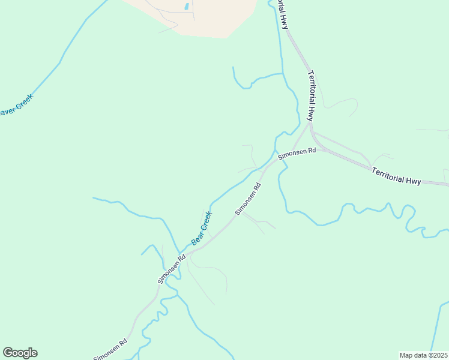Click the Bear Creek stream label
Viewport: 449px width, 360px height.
coord(202,228)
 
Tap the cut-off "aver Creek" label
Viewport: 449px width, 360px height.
coord(16,106)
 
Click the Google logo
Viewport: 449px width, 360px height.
coord(20,353)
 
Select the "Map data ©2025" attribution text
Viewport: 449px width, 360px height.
coord(423,355)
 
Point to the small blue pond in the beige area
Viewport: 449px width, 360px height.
coord(187,7)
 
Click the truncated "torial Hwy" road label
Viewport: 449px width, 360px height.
coord(281,14)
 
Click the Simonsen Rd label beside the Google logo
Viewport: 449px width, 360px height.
coord(110,350)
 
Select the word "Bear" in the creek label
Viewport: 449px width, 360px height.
coord(196,236)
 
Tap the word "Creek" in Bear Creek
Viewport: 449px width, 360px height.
coord(205,221)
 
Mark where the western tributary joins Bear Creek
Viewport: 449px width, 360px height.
coord(178,253)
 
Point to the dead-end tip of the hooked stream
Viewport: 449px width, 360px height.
coord(233,67)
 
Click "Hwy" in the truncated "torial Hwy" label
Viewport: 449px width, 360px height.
coord(285,22)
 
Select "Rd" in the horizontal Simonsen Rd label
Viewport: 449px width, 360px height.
coord(311,151)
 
